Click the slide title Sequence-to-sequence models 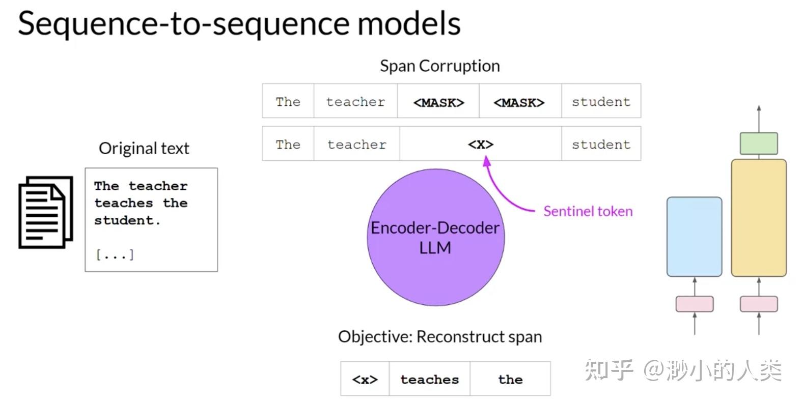tap(239, 24)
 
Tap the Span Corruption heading tap(439, 66)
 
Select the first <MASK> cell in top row tap(438, 102)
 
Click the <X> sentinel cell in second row tap(481, 145)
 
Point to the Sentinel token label tap(588, 211)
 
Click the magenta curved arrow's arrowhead tap(486, 161)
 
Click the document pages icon tap(45, 212)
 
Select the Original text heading tap(144, 149)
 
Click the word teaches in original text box tap(123, 203)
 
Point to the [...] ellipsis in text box tap(115, 254)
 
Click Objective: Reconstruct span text tap(439, 337)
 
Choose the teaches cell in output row tap(429, 380)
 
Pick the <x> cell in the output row tap(365, 380)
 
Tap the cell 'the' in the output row tap(510, 380)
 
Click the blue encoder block tap(694, 237)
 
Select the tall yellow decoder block tap(758, 218)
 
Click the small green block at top tap(758, 143)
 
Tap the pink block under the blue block tap(694, 304)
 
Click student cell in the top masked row tap(601, 102)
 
